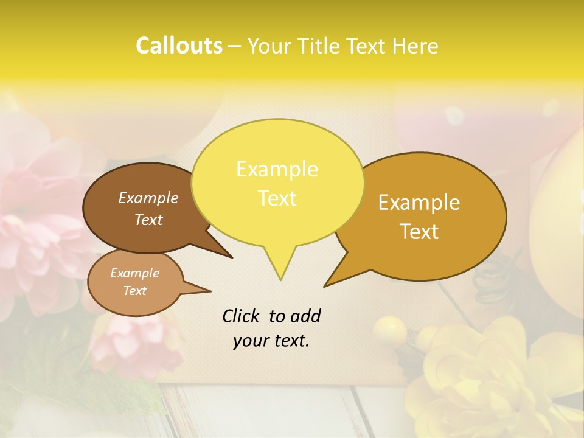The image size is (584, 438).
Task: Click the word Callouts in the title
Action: tap(179, 46)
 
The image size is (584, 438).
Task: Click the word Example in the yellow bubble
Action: tap(277, 169)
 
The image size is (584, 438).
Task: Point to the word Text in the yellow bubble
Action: tap(277, 198)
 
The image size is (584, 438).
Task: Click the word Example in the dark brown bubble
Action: tap(148, 198)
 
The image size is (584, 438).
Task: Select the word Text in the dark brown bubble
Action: tap(148, 220)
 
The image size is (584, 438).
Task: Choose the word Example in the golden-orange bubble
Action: tap(419, 203)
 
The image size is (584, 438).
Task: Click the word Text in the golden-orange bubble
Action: tap(419, 232)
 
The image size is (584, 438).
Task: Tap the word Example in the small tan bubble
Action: tap(134, 273)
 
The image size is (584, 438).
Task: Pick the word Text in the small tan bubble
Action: tap(134, 291)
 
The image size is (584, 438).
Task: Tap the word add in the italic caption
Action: tap(305, 316)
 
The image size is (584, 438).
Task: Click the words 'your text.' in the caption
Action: tap(271, 341)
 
